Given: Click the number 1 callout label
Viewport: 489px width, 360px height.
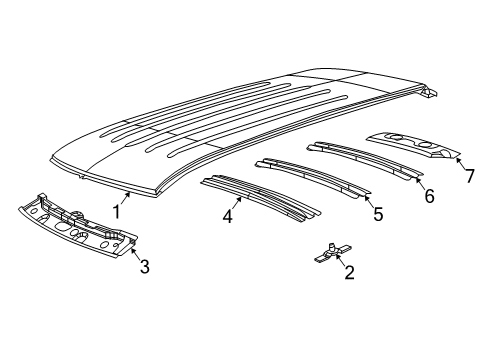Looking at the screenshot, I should click(117, 211).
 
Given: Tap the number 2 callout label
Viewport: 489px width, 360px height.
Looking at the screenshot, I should click(348, 272).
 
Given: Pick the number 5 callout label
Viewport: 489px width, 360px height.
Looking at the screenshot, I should click(377, 213).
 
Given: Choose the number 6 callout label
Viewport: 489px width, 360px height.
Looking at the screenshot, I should click(429, 196).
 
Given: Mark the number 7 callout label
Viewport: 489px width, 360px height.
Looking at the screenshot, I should click(469, 176).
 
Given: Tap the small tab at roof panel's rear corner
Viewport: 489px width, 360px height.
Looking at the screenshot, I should click(427, 92).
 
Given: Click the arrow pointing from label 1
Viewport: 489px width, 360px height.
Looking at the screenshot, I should click(127, 197).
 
